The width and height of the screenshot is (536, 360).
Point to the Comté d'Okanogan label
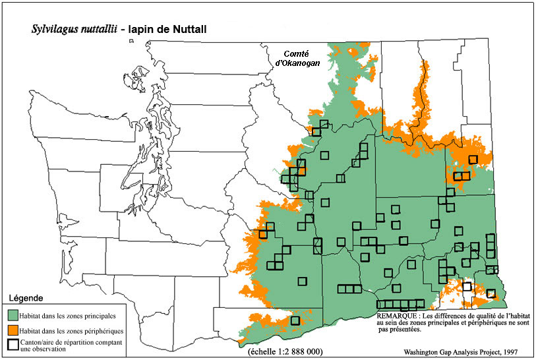pyautogui.click(x=296, y=58)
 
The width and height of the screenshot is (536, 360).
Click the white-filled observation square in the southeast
pyautogui.click(x=467, y=286)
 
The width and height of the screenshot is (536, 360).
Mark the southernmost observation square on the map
pyautogui.click(x=295, y=321)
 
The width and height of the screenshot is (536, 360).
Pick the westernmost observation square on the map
pyautogui.click(x=262, y=233)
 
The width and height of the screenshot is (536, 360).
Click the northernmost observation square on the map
pyautogui.click(x=324, y=124)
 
